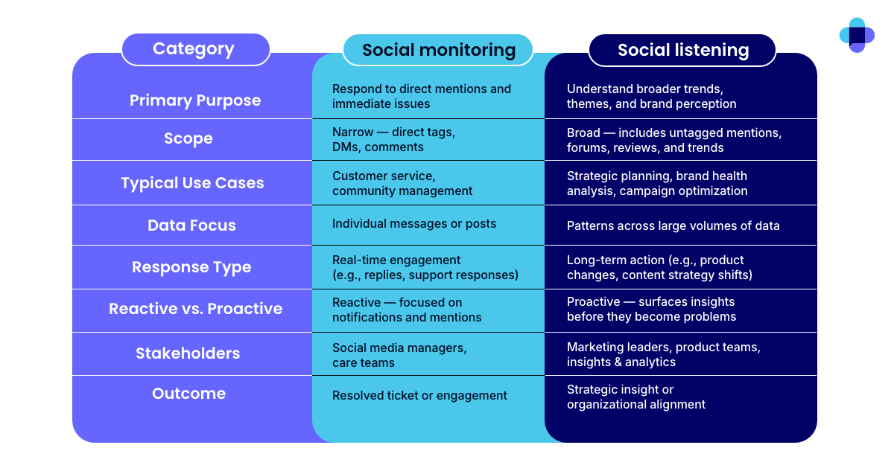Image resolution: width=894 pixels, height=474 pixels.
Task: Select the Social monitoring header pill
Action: coord(438,50)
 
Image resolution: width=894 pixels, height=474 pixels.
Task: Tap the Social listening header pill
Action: coord(682,50)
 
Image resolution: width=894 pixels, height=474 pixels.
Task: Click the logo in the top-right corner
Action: coord(857,35)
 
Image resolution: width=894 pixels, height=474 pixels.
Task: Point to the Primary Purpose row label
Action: coord(195,100)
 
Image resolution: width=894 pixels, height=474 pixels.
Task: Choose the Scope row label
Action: coord(188,138)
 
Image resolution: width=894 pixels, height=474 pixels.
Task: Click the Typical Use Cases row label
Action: coord(192,183)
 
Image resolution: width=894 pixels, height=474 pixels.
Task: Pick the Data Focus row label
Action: coord(191,225)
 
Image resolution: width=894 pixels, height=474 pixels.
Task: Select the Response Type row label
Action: coord(191,267)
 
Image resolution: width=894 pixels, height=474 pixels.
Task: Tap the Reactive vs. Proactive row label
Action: coord(195,309)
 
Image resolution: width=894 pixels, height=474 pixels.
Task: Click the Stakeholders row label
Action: coord(188,353)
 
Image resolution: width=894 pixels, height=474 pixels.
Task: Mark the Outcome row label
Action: coord(188,394)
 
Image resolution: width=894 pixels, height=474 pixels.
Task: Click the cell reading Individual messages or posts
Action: coord(413,224)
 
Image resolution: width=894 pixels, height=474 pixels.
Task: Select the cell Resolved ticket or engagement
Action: coord(419,396)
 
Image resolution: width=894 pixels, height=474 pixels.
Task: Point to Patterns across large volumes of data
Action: coord(673,225)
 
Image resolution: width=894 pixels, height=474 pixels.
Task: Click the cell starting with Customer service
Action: coord(402,183)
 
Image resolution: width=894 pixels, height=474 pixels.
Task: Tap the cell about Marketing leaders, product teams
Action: coord(663,354)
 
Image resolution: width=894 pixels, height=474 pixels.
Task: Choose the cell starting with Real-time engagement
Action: coord(425,267)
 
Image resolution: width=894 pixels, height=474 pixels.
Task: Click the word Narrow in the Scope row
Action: coord(352,132)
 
